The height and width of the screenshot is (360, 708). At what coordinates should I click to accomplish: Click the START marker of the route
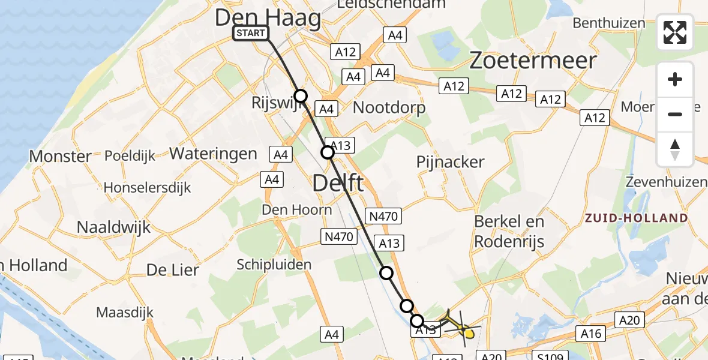[x=251, y=33]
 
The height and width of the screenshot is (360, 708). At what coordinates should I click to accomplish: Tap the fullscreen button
[x=675, y=32]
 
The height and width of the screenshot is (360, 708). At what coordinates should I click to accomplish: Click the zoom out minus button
[x=675, y=114]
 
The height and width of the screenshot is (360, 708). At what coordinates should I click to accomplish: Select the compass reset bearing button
[x=675, y=149]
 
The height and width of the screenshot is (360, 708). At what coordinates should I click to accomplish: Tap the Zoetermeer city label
[x=533, y=61]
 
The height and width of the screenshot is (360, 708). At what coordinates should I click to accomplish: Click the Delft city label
[x=338, y=182]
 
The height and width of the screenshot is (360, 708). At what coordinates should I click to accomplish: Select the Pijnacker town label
[x=450, y=162]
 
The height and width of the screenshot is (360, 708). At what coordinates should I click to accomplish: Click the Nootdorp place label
[x=389, y=108]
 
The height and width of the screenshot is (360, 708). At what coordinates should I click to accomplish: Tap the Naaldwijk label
[x=114, y=227]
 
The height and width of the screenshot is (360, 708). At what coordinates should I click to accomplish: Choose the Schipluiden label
[x=274, y=265]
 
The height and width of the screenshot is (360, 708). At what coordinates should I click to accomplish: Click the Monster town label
[x=61, y=157]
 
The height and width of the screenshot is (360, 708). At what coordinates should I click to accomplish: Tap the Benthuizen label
[x=609, y=23]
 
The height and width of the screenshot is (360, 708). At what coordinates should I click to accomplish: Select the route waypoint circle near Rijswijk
[x=301, y=96]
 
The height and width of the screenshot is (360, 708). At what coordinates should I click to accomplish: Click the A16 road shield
[x=590, y=332]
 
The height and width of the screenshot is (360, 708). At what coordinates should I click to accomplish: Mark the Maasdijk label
[x=125, y=313]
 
